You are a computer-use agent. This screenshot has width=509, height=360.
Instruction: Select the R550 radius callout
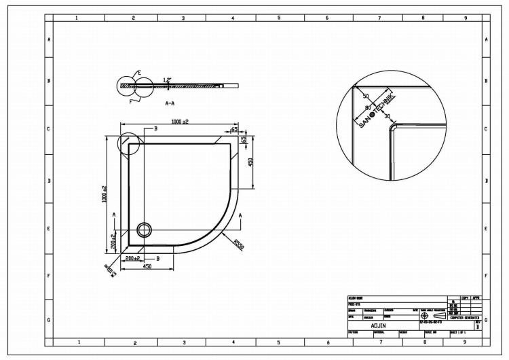238,244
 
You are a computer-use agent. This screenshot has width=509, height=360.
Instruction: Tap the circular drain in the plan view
145,229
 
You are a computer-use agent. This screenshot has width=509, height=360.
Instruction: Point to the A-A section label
170,103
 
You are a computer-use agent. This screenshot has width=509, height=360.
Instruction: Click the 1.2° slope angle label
167,79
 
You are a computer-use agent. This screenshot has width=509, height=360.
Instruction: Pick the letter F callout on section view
131,101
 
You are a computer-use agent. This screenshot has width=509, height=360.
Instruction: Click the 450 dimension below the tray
145,266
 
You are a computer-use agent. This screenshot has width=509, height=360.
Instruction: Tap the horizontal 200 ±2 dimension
132,258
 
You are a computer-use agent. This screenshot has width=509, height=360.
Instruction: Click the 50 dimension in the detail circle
366,97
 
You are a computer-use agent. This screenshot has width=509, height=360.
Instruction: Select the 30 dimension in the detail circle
387,116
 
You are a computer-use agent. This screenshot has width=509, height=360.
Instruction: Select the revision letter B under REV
478,327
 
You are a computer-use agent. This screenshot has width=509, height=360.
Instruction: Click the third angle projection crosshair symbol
424,316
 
